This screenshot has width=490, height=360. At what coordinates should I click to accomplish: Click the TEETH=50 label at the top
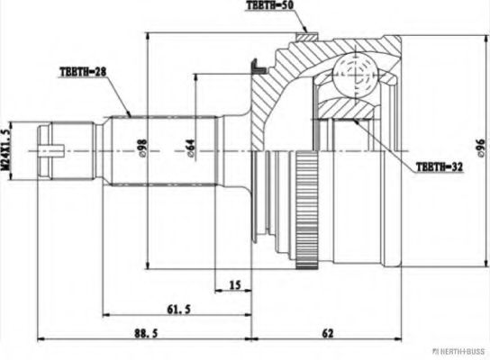271,6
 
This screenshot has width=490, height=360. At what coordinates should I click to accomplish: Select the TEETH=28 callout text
82,71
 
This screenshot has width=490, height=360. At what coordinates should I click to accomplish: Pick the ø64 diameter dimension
191,149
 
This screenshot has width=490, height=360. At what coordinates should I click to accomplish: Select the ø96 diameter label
478,148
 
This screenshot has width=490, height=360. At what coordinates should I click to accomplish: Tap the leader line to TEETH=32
396,144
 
